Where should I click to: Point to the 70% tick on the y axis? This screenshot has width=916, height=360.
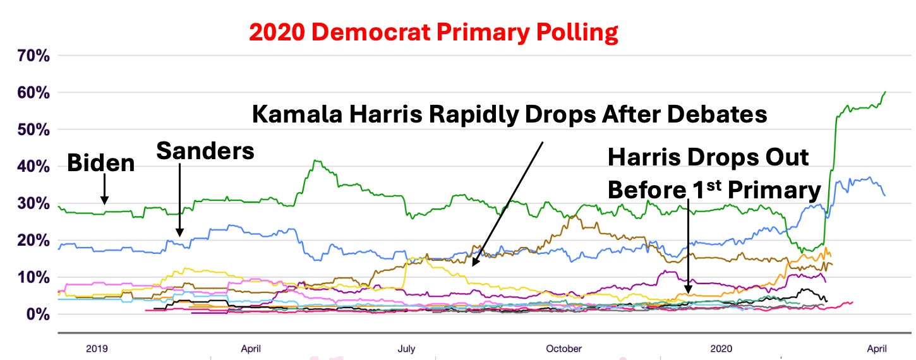[28, 56]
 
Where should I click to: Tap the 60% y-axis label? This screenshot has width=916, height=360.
[28, 93]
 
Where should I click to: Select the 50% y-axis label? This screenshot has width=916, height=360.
[28, 129]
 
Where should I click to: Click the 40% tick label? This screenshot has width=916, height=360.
[28, 167]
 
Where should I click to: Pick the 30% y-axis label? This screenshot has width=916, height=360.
[28, 203]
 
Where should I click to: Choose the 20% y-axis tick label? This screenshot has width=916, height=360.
[28, 241]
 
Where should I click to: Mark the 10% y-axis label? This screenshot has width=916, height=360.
[28, 277]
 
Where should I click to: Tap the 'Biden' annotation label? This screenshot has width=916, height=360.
[101, 164]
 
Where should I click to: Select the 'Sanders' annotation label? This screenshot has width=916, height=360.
[205, 150]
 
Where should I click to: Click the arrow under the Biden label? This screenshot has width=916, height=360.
[105, 189]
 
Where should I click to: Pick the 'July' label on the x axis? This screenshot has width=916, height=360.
[406, 349]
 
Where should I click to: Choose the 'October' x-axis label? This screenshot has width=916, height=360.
[564, 349]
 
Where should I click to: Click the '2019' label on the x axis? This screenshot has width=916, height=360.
[97, 349]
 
